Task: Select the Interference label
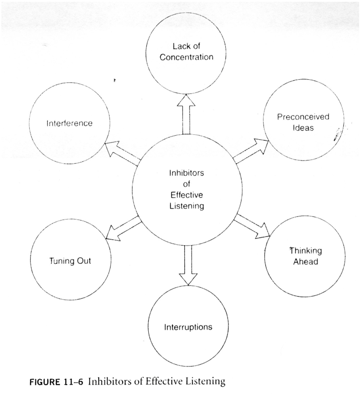[69, 123]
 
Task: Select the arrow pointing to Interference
[121, 151]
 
